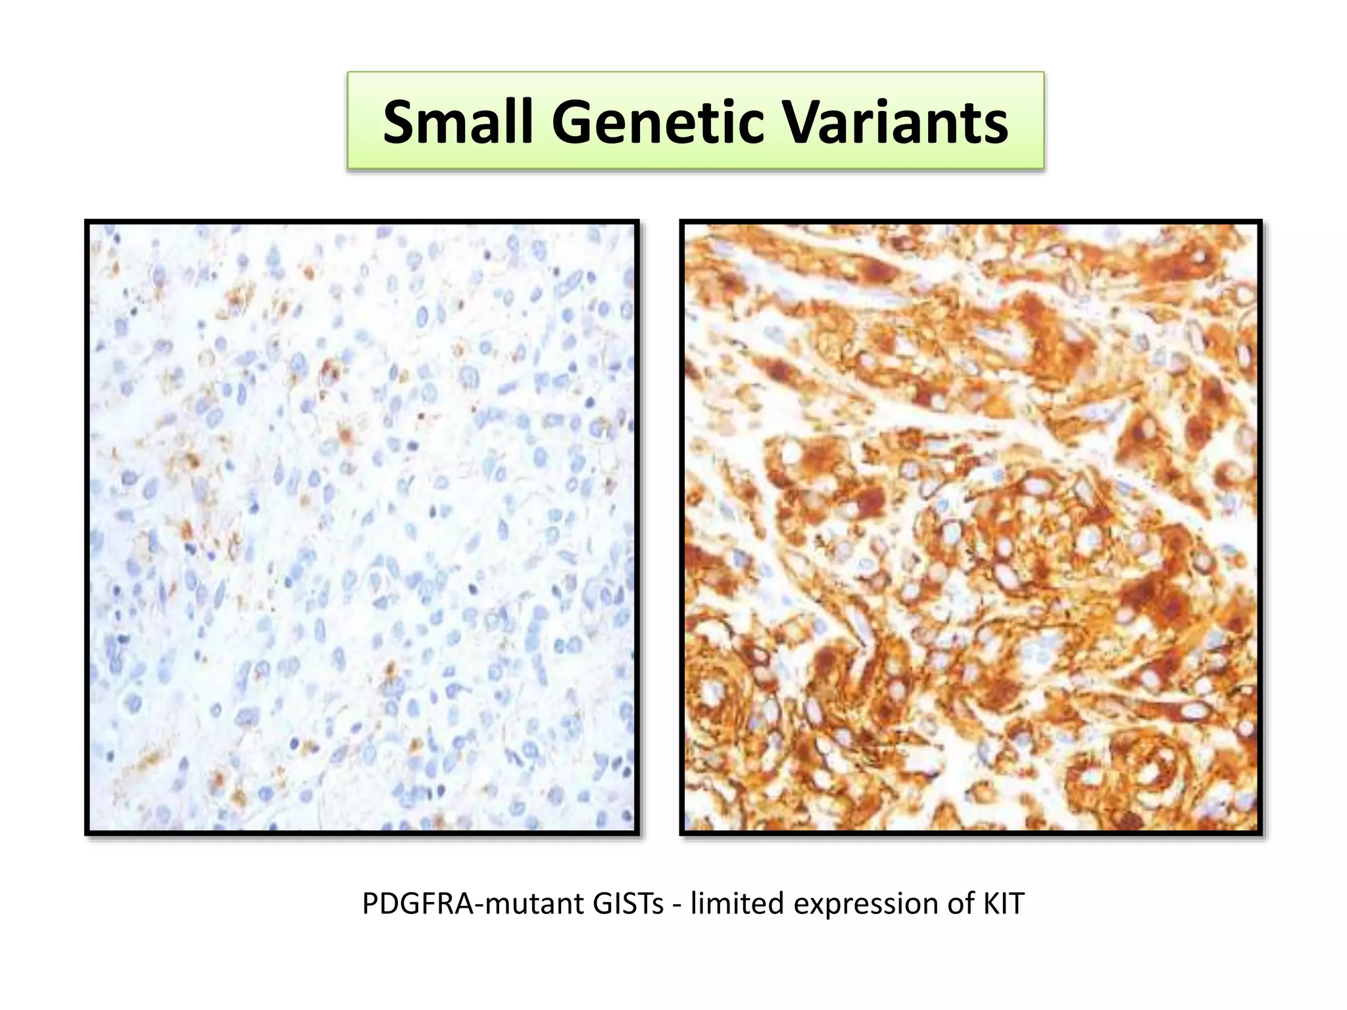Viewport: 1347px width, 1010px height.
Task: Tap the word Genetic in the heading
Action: (x=658, y=122)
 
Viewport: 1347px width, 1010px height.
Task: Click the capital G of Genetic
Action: (x=574, y=123)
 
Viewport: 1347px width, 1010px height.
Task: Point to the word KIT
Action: (x=1004, y=904)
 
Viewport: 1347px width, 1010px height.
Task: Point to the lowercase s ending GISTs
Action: (x=658, y=907)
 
